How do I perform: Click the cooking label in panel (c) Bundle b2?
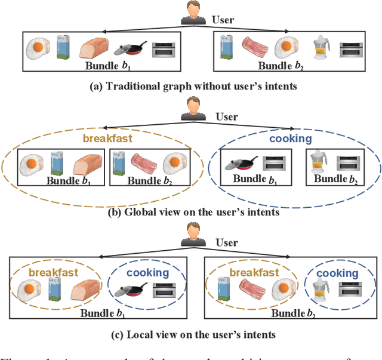click(337, 273)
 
